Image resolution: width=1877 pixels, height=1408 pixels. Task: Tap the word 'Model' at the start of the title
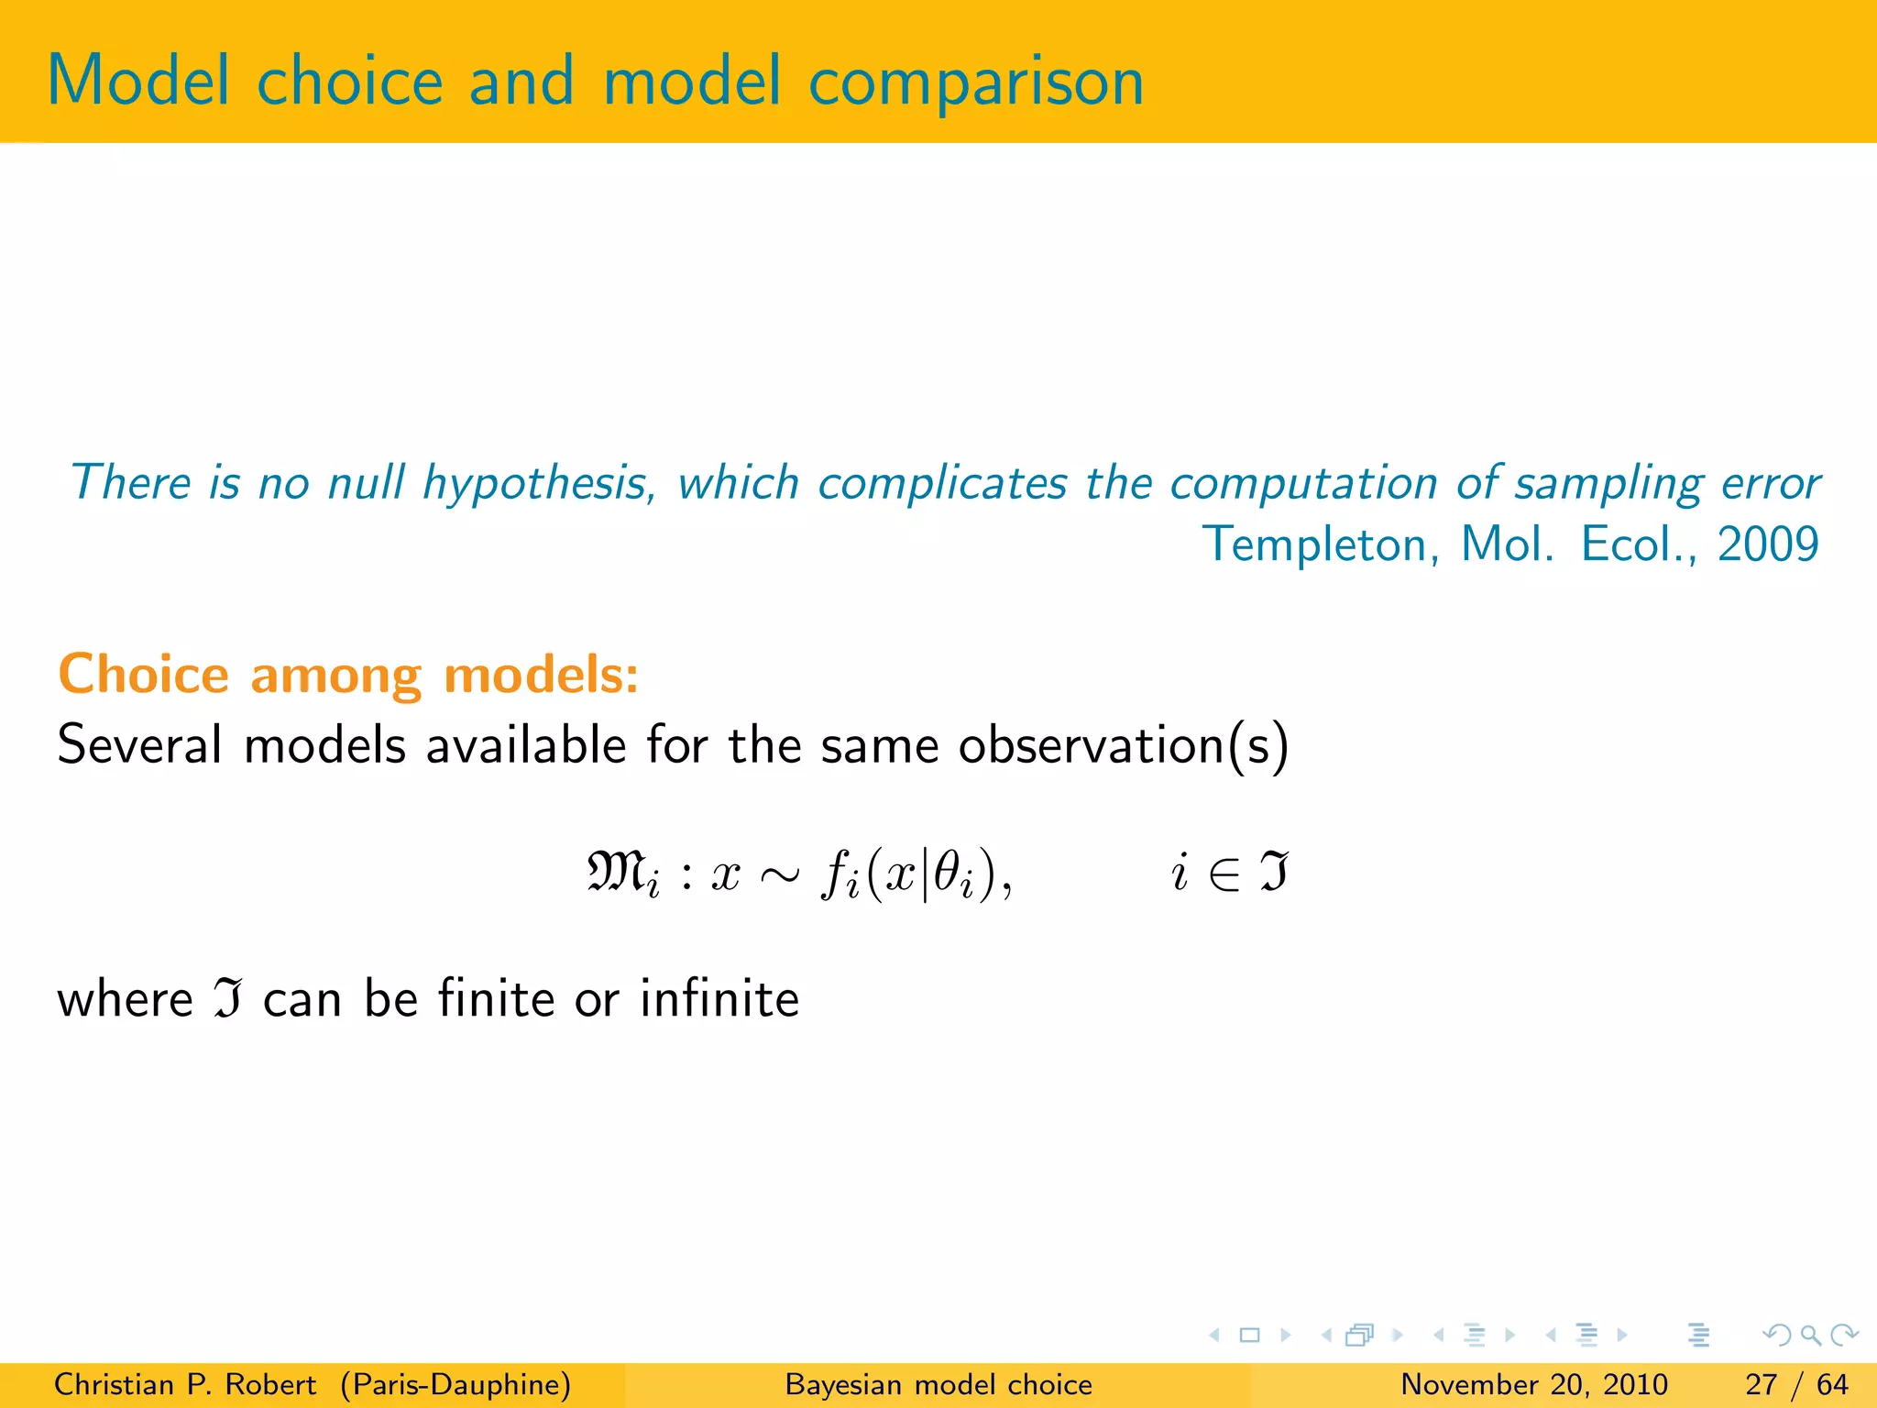(x=137, y=82)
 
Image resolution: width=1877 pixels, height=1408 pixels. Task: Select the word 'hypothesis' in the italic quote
(x=537, y=484)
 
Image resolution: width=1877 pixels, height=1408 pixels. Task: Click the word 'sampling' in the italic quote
(x=1608, y=484)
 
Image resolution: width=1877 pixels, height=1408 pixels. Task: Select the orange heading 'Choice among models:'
(x=348, y=676)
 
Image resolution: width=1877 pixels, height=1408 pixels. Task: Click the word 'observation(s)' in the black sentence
(x=1124, y=744)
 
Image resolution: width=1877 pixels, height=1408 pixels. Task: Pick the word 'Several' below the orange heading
(x=139, y=744)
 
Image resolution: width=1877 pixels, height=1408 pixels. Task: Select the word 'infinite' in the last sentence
(x=719, y=998)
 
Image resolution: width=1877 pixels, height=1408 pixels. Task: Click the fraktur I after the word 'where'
(x=228, y=999)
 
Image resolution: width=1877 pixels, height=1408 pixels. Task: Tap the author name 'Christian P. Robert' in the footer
(x=184, y=1384)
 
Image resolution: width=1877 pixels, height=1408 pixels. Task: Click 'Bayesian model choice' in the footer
(x=938, y=1384)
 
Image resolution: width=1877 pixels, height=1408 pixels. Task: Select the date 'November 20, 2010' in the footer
(x=1534, y=1384)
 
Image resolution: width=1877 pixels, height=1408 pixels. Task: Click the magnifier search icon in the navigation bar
(x=1810, y=1335)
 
